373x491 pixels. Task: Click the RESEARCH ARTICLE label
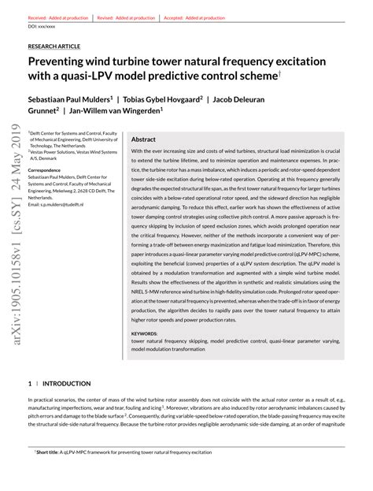point(54,46)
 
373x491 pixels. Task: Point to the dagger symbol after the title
point(280,73)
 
